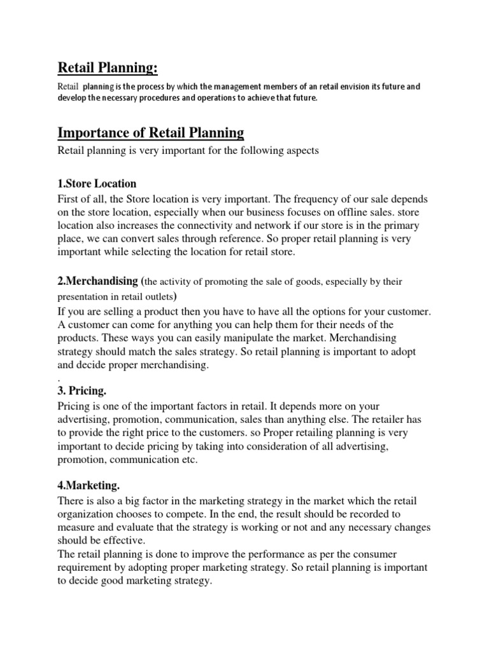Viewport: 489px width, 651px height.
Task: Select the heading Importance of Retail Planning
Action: point(151,133)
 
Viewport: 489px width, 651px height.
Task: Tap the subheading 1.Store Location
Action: point(97,184)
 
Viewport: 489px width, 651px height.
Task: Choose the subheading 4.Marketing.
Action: point(90,486)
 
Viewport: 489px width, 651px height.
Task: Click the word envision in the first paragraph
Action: point(325,86)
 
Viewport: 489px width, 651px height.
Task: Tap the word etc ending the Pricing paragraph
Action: point(190,460)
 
